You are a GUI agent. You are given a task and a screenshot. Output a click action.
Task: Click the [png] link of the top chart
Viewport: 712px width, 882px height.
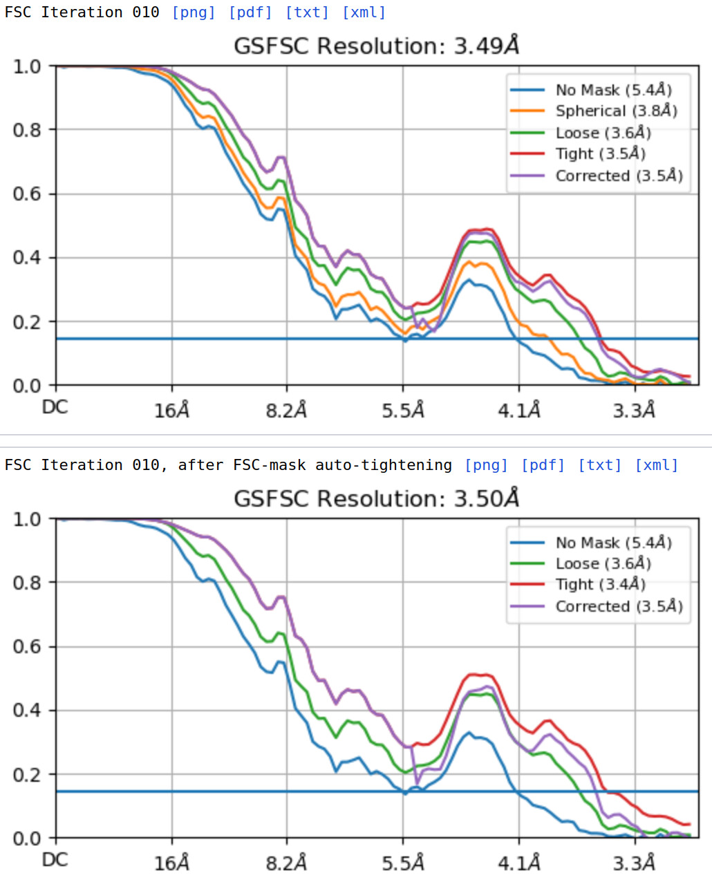coord(194,12)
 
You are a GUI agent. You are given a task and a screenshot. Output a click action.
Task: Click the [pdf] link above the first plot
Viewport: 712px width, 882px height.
coord(250,12)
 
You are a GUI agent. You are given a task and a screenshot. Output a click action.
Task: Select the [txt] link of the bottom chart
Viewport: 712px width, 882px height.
coord(600,465)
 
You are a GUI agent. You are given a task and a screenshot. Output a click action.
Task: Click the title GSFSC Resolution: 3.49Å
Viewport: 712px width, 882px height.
coord(377,46)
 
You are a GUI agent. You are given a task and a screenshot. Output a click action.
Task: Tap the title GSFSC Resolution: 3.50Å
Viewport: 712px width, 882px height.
coord(377,498)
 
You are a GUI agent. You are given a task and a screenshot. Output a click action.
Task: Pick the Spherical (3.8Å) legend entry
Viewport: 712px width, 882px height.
coord(616,111)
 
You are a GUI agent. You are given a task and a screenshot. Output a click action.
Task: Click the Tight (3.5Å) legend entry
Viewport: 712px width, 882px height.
coord(600,153)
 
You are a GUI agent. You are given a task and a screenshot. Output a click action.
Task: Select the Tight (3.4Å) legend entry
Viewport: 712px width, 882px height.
coord(600,585)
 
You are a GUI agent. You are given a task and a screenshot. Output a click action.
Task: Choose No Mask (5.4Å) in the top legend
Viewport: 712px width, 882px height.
coord(613,90)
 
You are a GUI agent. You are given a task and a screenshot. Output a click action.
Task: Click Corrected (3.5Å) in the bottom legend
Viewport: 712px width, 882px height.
coord(619,607)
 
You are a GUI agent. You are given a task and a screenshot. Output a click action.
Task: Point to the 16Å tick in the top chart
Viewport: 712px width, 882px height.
coord(171,411)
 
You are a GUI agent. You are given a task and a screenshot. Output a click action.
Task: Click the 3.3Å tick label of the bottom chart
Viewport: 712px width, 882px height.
coord(634,863)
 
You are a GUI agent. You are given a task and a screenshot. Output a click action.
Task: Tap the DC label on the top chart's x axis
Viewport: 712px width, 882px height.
coord(55,407)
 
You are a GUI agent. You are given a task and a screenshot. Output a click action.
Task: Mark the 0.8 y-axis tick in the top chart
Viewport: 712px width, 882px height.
coord(27,130)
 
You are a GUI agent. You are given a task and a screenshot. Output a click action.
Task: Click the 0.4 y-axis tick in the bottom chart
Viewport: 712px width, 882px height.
coord(27,711)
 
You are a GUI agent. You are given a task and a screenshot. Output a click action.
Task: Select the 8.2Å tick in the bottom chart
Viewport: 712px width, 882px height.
coord(286,863)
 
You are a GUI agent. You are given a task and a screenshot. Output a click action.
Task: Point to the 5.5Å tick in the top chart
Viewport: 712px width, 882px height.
coord(403,411)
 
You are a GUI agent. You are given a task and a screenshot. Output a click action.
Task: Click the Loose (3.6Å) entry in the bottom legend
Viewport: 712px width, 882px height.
coord(603,564)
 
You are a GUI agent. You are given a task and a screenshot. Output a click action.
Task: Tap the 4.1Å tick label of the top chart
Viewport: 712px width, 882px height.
coord(519,411)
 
